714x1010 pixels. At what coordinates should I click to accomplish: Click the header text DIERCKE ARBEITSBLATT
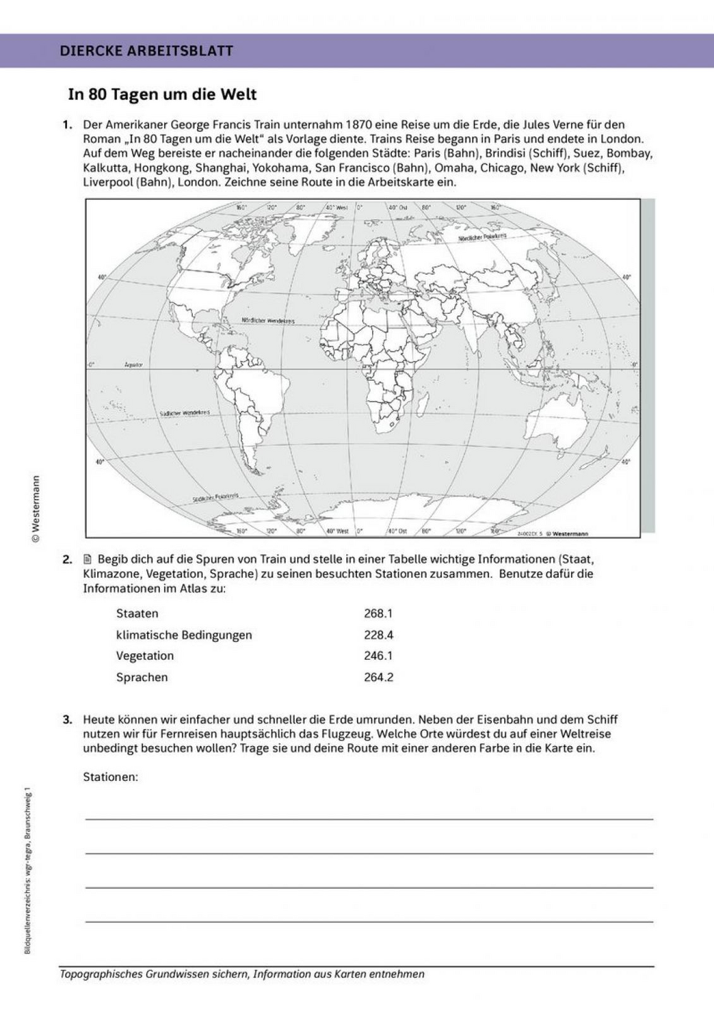tap(146, 51)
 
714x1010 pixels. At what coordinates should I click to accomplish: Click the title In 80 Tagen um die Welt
tap(162, 95)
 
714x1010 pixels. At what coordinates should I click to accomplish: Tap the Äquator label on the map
tap(134, 364)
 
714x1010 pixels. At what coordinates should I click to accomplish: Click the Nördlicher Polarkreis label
tap(482, 237)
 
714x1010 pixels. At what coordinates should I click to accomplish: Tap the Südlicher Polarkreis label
tap(215, 499)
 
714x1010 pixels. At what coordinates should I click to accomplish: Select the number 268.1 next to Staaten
tap(378, 613)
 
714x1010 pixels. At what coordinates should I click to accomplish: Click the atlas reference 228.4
tap(378, 635)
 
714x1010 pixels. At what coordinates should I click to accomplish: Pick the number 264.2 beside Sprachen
tap(378, 678)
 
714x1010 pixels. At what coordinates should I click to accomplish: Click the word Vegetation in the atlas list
tap(145, 656)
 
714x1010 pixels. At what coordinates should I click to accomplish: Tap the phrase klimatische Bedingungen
tap(183, 635)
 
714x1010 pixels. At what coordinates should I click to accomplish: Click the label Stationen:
tap(110, 777)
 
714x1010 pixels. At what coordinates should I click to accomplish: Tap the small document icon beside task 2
tap(89, 558)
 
